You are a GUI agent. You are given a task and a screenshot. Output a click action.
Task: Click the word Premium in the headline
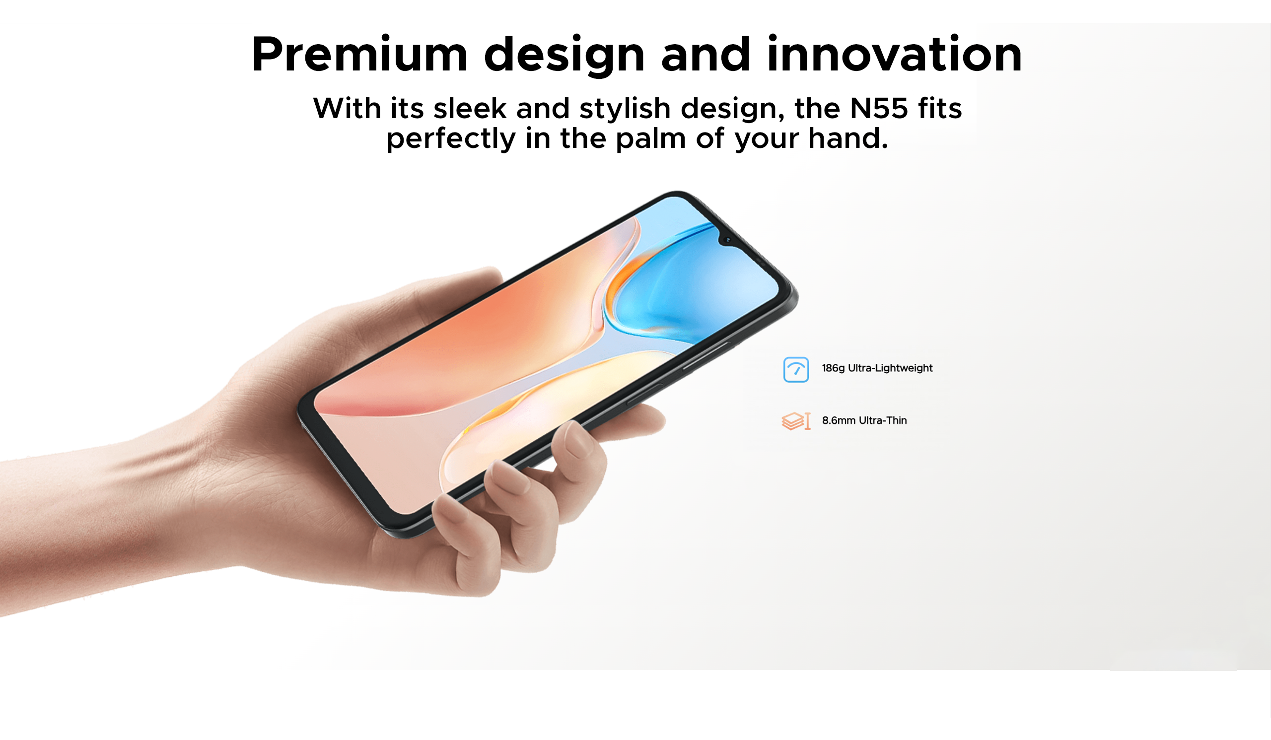click(x=359, y=55)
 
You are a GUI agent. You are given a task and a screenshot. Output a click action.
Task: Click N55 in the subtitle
click(x=879, y=108)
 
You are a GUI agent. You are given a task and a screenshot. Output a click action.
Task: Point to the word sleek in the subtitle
click(x=470, y=108)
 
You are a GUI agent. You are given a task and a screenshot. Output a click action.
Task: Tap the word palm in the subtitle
click(x=650, y=138)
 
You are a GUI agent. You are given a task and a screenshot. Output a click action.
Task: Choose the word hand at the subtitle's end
click(x=848, y=138)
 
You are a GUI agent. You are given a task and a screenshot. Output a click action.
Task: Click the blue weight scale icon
click(x=796, y=369)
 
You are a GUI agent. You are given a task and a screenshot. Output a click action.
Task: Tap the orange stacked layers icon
click(x=796, y=421)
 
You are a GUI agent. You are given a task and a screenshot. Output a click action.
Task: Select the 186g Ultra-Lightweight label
click(x=877, y=368)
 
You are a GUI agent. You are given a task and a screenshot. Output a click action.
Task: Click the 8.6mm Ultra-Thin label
click(x=864, y=420)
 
